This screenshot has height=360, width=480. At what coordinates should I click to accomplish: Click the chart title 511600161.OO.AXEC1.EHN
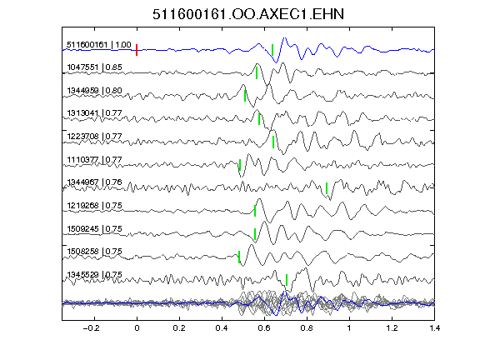point(248,14)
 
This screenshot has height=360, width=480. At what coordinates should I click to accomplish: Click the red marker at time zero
point(137,50)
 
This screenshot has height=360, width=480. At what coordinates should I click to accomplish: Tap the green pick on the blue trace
point(272,50)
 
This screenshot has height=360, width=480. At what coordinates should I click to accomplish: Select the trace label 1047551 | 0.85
point(94,67)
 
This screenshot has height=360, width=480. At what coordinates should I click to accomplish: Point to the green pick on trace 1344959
point(245,96)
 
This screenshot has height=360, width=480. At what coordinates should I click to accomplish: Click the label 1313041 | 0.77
point(94,113)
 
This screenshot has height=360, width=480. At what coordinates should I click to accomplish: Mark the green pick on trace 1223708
point(273,142)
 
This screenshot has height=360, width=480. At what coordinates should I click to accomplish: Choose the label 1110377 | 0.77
point(94,159)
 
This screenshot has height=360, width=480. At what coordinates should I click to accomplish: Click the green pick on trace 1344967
point(327,188)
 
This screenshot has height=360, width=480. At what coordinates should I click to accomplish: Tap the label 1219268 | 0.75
point(94,205)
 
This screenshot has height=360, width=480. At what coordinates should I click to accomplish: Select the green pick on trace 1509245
point(255,234)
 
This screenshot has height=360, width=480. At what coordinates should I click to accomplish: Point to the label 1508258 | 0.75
point(94,252)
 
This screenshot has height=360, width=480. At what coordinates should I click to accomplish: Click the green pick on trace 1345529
point(287,280)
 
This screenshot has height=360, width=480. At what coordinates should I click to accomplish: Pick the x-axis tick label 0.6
point(264,328)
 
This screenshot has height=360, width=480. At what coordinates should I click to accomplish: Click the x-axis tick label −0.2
point(92,328)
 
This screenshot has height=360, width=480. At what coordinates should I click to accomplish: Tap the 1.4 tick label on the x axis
point(434,328)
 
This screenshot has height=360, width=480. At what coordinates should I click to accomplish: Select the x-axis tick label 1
point(349,328)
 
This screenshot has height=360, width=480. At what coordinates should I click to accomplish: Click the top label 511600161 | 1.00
point(99,45)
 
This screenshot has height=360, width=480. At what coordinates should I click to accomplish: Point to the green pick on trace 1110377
point(240,165)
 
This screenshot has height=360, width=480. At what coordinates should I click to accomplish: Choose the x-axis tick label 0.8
point(307,328)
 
